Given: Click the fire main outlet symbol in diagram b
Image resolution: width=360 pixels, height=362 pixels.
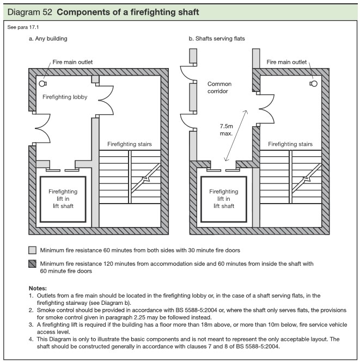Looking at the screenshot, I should tap(313, 84).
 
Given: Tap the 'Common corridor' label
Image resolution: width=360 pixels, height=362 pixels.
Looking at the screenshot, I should tap(219, 88).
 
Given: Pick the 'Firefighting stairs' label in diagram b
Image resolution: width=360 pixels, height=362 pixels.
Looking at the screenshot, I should tap(290, 144).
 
